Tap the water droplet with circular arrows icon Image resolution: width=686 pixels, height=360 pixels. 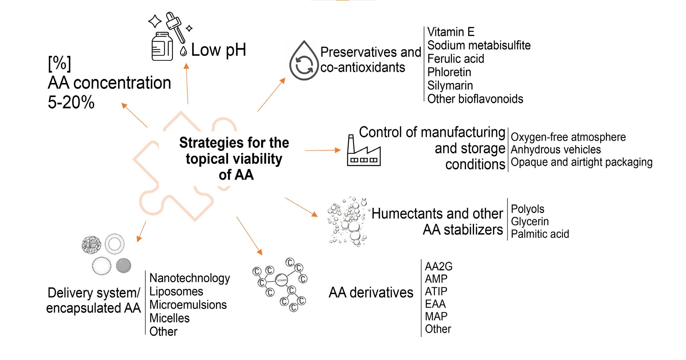point(303,61)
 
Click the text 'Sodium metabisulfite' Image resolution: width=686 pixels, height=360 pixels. point(479,45)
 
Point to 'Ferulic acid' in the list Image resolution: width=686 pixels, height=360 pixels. point(456,59)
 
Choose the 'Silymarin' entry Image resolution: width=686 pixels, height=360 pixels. point(450,86)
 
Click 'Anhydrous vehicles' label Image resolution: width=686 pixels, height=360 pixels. point(556,149)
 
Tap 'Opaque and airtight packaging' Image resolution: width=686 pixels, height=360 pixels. point(581,162)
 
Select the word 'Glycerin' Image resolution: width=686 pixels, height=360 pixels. point(530,221)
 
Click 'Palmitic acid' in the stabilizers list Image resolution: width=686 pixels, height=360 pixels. point(540,234)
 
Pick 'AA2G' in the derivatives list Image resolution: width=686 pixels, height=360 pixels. point(438,266)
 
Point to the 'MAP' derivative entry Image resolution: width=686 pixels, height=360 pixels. point(436,316)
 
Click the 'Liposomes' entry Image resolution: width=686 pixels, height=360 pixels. point(176,291)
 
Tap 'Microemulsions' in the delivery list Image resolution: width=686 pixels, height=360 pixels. point(188,305)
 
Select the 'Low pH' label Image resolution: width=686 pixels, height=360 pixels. point(218,50)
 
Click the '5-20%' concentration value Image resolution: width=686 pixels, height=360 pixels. point(71,103)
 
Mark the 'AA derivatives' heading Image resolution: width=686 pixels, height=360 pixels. point(371,293)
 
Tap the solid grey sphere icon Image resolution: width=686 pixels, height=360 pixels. point(123,266)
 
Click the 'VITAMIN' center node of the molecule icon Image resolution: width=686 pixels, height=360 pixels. point(282,280)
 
